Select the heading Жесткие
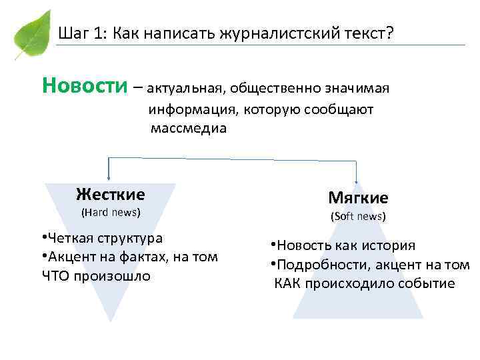111,194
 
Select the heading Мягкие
358,198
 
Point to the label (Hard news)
111,213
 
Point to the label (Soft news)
358,217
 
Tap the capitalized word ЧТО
56,275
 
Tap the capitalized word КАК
287,283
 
